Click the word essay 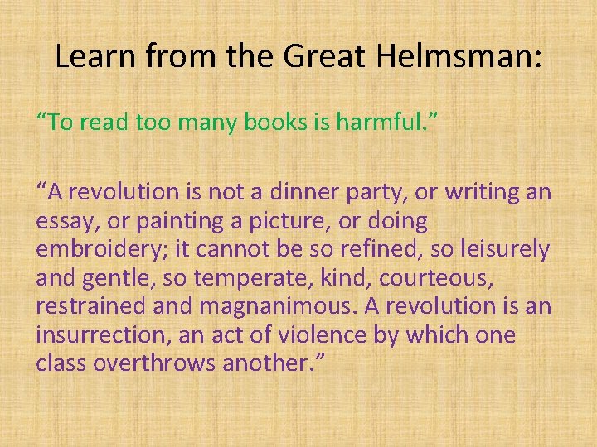(x=61, y=221)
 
